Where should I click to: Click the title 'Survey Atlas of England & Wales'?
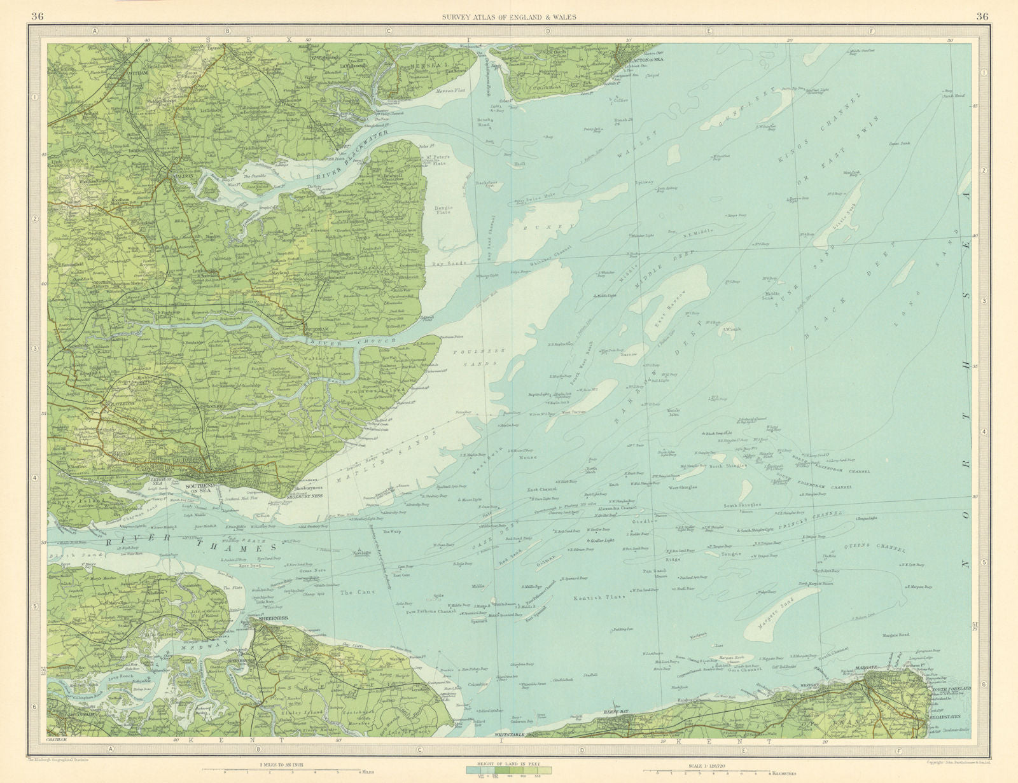(510, 17)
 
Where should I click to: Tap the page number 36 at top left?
(38, 17)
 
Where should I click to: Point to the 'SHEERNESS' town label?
(271, 618)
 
